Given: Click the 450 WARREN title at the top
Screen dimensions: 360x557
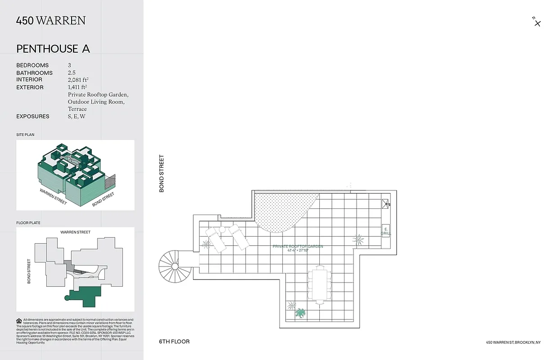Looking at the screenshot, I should point(51,21).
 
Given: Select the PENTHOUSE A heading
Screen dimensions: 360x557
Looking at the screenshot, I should point(53,49).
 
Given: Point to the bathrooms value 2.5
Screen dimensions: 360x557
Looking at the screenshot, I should point(72,72).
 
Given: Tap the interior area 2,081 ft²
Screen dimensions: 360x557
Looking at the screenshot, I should point(78,80).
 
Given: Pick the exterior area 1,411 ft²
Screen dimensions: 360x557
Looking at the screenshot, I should point(77,87).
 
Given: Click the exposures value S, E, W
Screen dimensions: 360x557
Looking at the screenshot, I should point(77,117).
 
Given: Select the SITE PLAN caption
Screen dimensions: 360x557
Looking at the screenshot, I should point(25,135).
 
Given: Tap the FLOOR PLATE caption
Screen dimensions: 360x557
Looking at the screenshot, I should point(28,223).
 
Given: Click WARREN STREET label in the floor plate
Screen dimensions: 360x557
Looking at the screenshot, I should point(75,232).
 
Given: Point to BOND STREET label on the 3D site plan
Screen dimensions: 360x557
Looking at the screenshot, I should point(103,199).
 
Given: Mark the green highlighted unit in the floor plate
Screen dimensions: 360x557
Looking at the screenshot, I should point(85,297).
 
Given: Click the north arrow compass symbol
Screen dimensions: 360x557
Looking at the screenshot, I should point(537,22).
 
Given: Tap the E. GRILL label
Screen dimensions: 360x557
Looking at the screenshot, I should point(385,231).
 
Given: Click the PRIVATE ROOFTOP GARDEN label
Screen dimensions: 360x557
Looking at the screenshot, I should point(298,247).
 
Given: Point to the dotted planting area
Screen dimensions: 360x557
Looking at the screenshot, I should point(284,209).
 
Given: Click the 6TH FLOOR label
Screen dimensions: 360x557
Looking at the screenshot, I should point(174,342).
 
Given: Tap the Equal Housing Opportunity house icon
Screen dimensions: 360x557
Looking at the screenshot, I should point(19,321).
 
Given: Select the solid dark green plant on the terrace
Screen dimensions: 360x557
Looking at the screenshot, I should point(300,313).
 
